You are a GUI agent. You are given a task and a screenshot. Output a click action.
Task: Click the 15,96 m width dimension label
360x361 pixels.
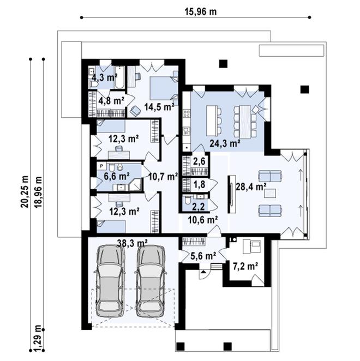pos(201,11)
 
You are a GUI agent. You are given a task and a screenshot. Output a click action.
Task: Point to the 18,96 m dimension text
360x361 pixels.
pos(38,192)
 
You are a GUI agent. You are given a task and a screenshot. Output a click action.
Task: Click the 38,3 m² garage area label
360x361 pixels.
pos(133,243)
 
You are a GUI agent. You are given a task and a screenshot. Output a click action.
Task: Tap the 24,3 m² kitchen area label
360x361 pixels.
pos(225,143)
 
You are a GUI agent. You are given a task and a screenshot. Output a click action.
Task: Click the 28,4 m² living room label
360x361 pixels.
pos(251,186)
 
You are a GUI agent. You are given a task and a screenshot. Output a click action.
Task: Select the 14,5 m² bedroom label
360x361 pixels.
pos(159,107)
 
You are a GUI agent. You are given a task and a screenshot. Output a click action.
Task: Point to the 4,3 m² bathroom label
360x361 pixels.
pos(105,77)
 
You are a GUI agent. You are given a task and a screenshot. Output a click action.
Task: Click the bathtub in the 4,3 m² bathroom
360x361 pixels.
pos(119,77)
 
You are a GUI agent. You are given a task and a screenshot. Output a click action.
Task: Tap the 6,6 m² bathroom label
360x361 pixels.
pos(117,176)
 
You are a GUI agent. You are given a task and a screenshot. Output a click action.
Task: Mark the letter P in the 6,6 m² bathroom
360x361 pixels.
pos(101,166)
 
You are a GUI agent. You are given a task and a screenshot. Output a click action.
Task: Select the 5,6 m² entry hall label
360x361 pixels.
pos(203,256)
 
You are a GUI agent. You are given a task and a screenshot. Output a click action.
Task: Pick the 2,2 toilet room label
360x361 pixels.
pos(199,207)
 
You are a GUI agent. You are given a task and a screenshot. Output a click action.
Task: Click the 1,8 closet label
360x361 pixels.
pos(199,185)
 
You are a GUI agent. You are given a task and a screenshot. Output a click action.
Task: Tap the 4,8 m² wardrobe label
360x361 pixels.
pos(111,100)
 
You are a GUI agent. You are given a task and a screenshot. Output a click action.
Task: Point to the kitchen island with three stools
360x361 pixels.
pos(212,121)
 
